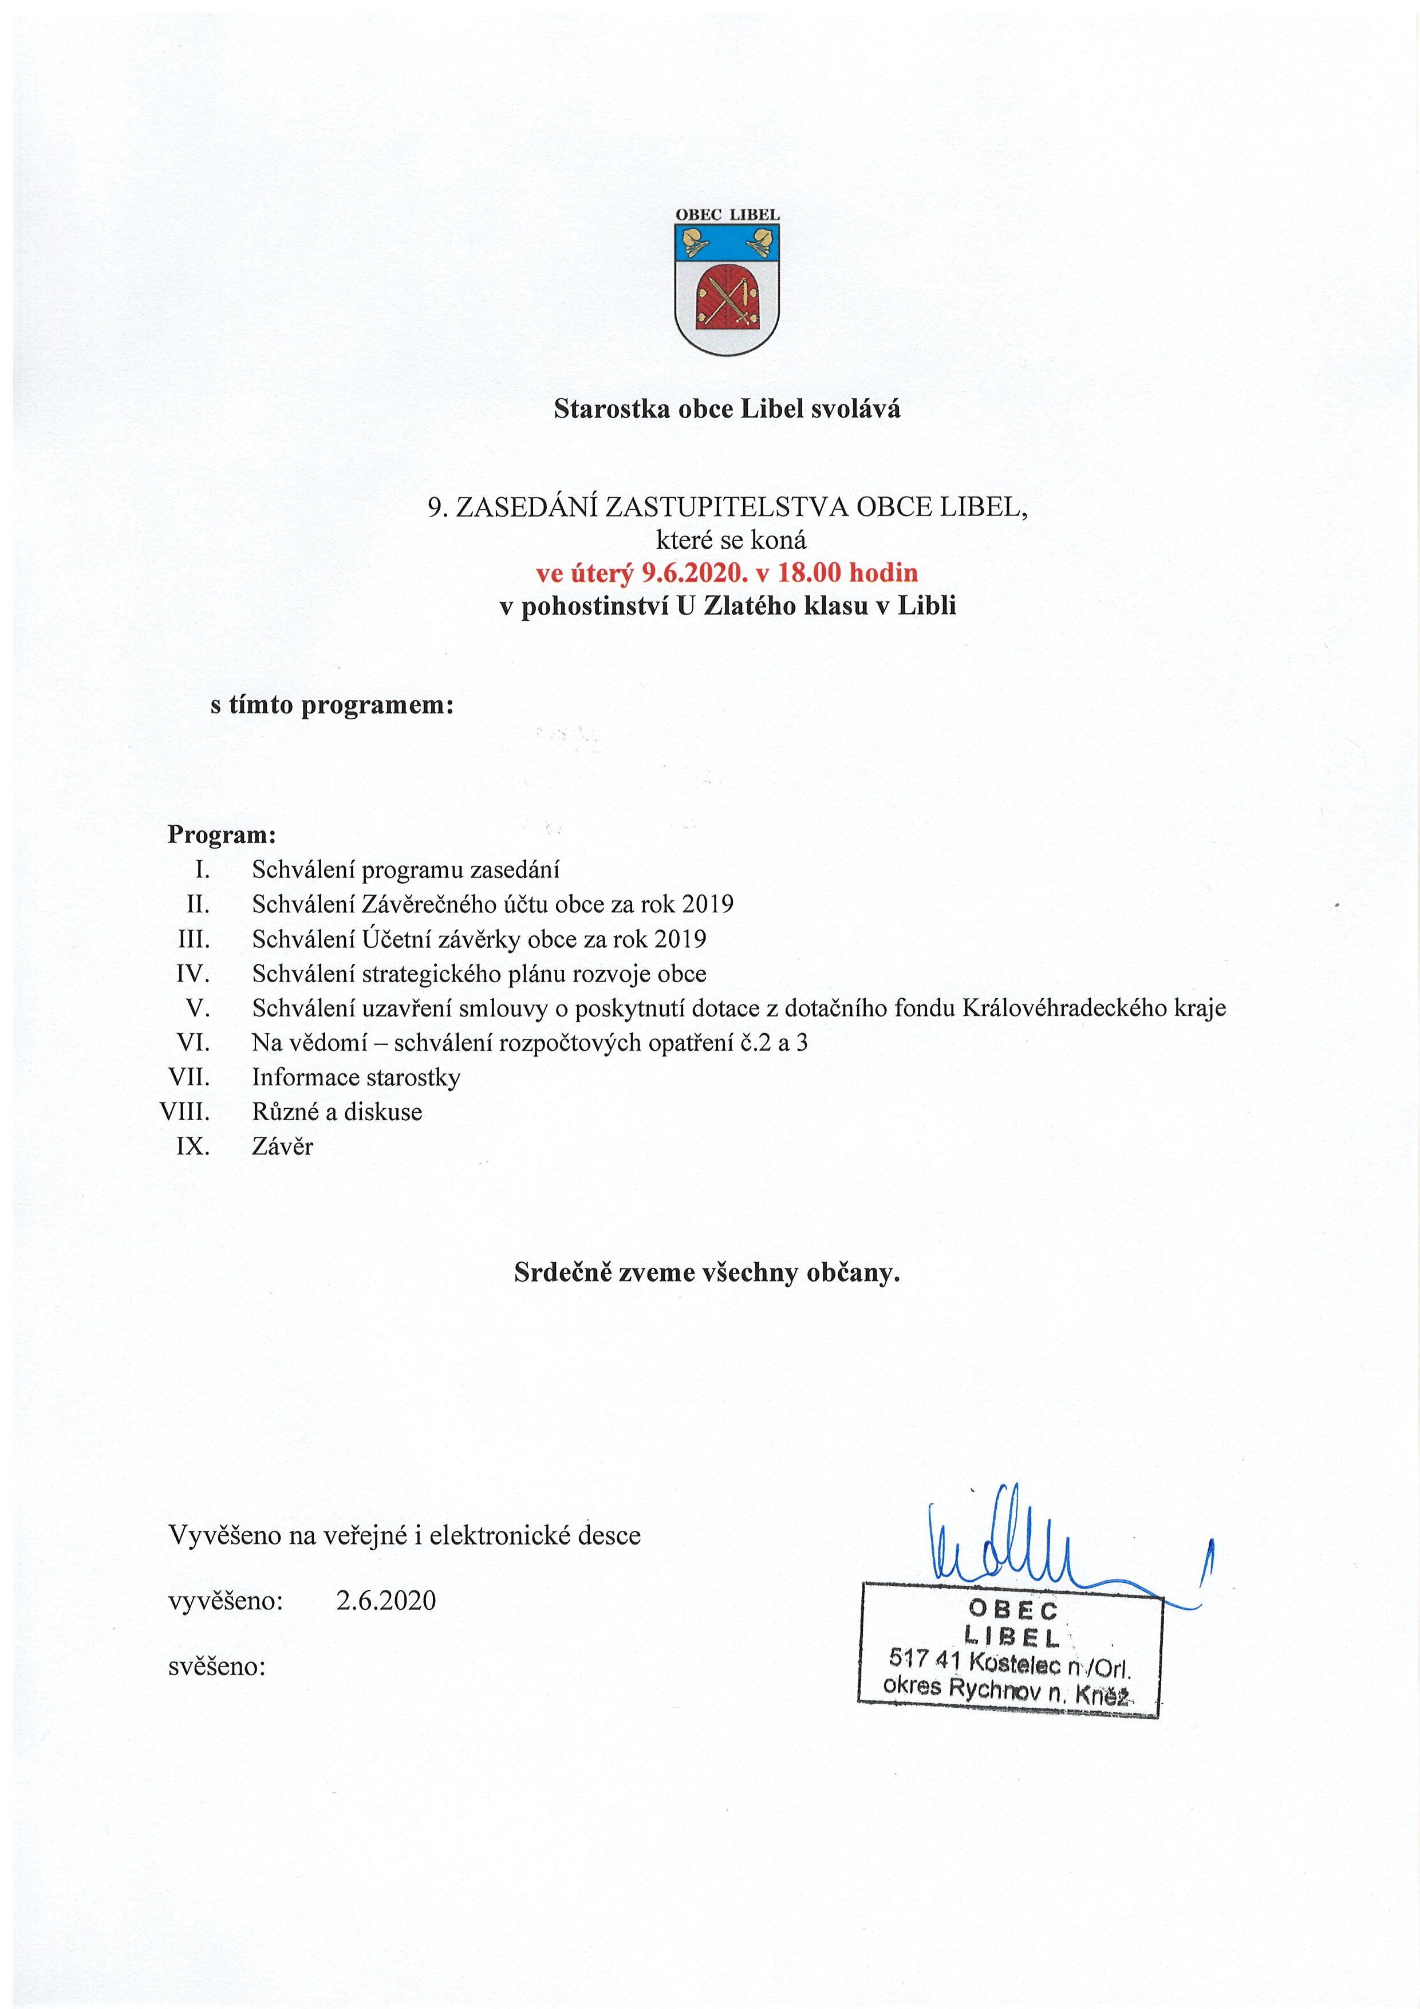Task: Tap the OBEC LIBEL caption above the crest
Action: point(727,214)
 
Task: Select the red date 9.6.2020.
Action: point(696,573)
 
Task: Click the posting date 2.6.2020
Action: point(386,1600)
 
